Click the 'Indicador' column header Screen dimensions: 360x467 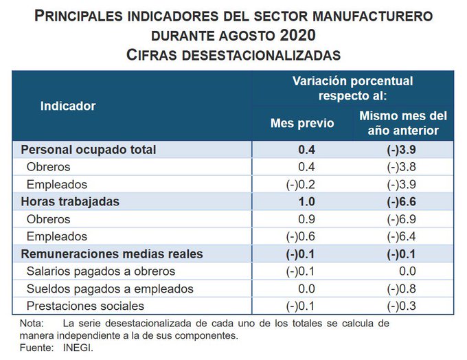[68, 106]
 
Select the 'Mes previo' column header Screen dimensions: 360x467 [302, 124]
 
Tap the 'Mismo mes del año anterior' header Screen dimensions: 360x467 [403, 124]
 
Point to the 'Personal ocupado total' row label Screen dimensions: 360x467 [89, 149]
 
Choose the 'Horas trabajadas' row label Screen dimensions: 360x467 [70, 201]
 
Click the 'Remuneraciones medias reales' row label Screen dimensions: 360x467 [112, 254]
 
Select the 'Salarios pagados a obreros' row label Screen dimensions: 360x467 [101, 271]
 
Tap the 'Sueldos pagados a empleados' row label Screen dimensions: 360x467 [110, 289]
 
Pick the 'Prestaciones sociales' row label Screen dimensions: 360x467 [85, 306]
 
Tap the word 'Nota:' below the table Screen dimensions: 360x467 [32, 323]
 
